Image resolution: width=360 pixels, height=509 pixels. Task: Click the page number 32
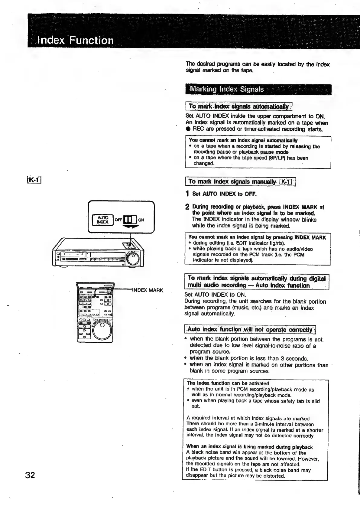(x=30, y=475)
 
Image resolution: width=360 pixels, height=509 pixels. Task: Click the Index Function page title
(x=75, y=40)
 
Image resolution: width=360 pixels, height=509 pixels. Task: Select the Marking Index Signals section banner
(x=258, y=89)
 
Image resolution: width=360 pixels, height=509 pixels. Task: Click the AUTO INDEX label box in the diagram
(x=103, y=220)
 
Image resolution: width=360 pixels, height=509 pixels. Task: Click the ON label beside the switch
(x=141, y=220)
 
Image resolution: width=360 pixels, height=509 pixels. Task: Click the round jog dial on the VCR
(x=133, y=259)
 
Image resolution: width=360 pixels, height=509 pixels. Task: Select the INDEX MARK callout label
(x=148, y=290)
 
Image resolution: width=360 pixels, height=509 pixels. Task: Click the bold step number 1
(x=187, y=194)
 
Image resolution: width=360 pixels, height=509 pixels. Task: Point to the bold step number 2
(x=187, y=207)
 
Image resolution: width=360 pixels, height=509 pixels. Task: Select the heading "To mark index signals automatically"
(x=239, y=106)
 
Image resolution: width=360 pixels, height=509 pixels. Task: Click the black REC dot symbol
(x=188, y=129)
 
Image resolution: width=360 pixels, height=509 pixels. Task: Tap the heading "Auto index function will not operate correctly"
(x=250, y=329)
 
